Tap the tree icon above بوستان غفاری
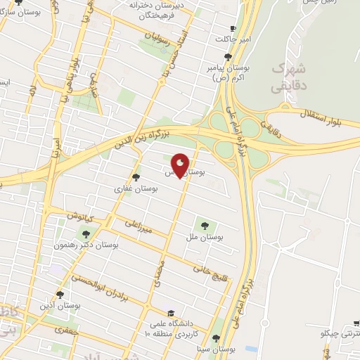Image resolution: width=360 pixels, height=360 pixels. [x=136, y=177]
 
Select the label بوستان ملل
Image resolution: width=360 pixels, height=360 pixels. [x=205, y=238]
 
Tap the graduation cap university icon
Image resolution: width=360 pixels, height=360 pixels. [x=169, y=314]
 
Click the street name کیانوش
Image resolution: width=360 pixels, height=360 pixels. [x=79, y=214]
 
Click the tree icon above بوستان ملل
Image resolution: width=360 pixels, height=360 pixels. [x=205, y=226]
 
